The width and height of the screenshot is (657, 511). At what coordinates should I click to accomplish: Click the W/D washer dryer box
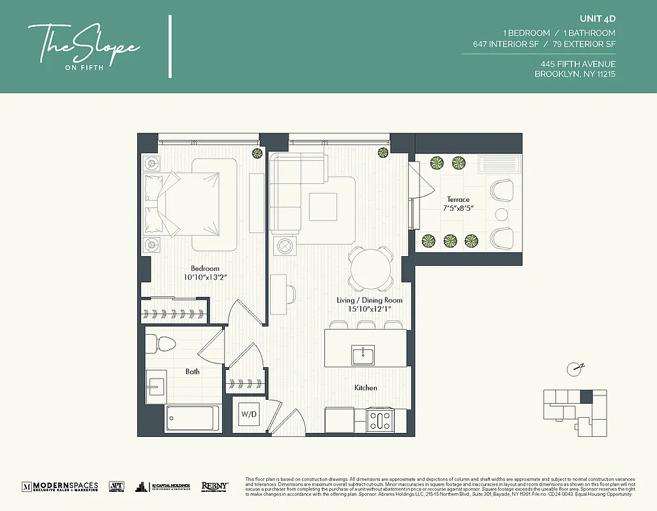click(249, 414)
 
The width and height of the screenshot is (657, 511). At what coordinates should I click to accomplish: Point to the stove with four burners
click(381, 420)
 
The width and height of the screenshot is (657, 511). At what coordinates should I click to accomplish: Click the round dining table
click(370, 268)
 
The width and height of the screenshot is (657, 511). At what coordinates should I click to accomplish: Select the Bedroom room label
click(205, 268)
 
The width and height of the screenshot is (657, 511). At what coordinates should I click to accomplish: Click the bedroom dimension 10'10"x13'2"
click(205, 278)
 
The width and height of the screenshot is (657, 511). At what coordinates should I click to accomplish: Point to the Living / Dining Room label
click(370, 300)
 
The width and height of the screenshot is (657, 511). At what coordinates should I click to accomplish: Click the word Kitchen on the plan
click(366, 388)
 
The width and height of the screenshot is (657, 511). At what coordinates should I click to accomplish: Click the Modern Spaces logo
click(60, 487)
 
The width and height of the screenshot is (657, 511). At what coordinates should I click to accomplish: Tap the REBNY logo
click(215, 487)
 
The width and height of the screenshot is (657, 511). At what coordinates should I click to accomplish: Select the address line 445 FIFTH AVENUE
click(578, 64)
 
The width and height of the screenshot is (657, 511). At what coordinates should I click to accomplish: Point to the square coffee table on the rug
click(322, 206)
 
